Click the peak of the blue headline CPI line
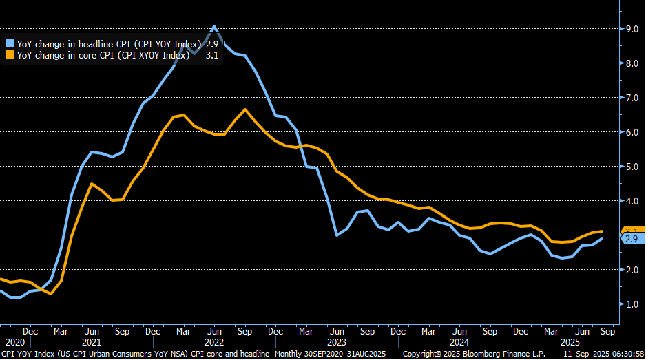tap(214, 27)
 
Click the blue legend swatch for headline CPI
tap(10, 43)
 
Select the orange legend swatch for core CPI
tap(10, 54)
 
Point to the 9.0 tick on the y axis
tap(631, 29)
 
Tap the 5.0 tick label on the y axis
tap(631, 167)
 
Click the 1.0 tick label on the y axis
tap(631, 304)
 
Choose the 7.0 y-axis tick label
tap(631, 98)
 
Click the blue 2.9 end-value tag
tap(632, 239)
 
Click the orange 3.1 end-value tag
tap(632, 230)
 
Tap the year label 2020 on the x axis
tap(14, 341)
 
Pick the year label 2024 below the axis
tap(459, 341)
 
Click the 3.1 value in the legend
tap(213, 54)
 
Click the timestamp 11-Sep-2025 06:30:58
tap(601, 354)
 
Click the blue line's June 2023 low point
tap(337, 235)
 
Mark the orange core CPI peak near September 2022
tap(246, 109)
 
